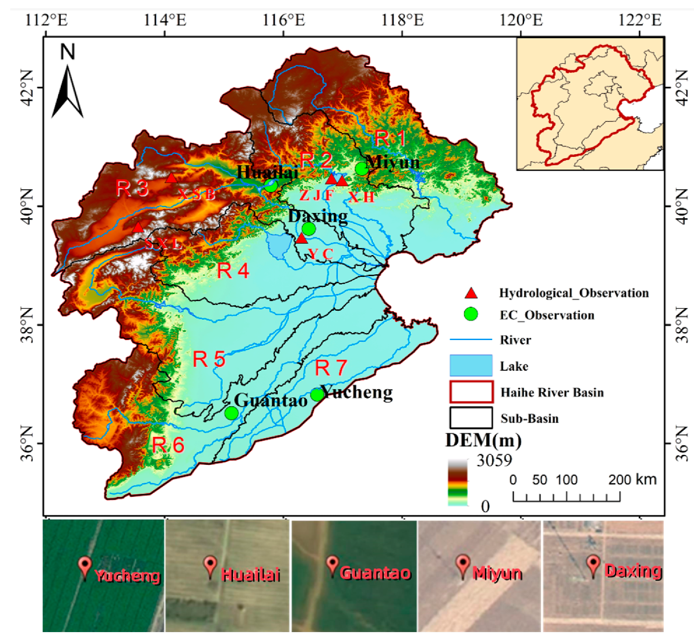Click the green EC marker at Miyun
361,169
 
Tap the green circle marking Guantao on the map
231,413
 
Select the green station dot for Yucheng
317,394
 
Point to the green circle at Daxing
309,229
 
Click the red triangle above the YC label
301,239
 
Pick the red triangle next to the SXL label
138,228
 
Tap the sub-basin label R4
233,271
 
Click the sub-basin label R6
168,445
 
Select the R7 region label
330,368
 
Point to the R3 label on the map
132,188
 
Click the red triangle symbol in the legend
471,293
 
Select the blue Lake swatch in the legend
471,365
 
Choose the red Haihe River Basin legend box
471,392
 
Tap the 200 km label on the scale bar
632,480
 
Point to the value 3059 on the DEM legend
494,461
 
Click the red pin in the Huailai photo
210,565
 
